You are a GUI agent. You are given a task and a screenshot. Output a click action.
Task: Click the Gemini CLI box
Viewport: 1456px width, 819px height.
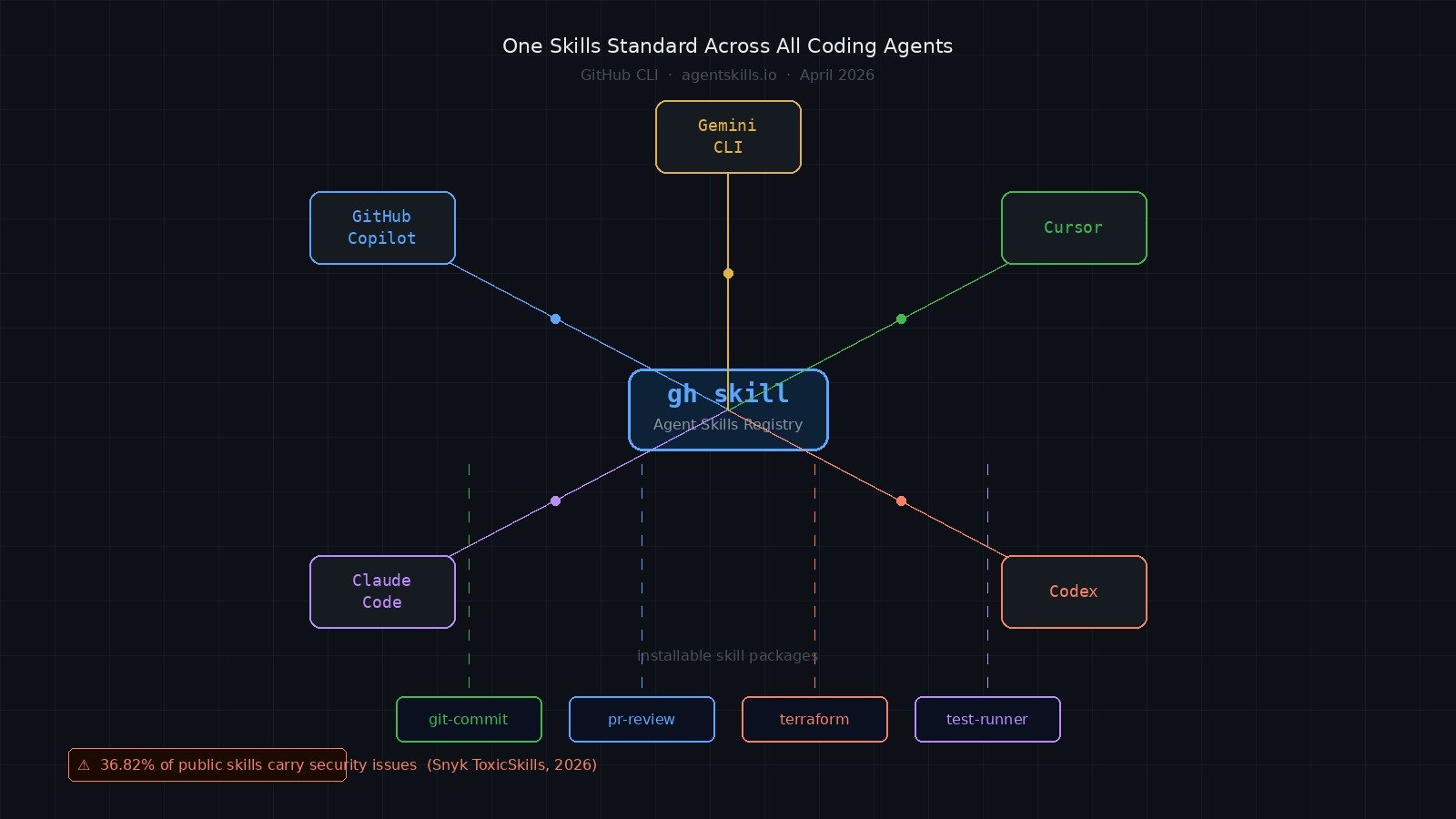coord(728,136)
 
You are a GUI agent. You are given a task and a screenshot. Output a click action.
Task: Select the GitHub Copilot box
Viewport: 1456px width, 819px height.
coord(382,227)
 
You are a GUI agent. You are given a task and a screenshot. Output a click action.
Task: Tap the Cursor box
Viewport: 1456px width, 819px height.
coord(1074,227)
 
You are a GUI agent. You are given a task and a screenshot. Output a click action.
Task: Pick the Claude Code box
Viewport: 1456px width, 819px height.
coord(382,591)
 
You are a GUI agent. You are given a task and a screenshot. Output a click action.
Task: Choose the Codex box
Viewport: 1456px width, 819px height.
coord(1074,591)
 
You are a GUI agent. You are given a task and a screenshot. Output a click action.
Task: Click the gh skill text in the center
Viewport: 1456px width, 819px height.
coord(728,394)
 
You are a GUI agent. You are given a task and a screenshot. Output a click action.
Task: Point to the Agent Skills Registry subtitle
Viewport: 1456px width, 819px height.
coord(728,425)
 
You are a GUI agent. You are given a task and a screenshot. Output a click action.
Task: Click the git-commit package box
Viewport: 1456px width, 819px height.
coord(469,719)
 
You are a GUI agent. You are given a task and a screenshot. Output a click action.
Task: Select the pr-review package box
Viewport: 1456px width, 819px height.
coord(642,719)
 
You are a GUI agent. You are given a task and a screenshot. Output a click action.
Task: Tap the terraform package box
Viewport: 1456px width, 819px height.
coord(814,719)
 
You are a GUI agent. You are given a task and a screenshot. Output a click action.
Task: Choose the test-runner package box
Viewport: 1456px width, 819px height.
coord(987,719)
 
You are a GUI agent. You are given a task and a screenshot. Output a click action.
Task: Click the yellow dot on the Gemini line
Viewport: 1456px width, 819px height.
coord(728,273)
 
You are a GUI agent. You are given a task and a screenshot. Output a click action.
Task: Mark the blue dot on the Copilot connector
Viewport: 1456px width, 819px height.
coord(555,318)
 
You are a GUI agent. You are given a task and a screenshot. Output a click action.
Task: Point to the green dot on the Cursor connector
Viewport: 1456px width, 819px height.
coord(901,318)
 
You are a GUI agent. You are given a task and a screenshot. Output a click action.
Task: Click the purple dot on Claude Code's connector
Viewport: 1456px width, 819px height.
coord(555,500)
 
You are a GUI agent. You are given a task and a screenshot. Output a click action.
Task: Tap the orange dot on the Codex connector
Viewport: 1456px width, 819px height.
coord(901,500)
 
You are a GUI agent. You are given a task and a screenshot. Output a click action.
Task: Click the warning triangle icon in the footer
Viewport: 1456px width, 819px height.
coord(84,765)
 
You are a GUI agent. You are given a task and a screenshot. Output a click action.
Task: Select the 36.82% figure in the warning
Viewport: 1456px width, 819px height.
coord(127,765)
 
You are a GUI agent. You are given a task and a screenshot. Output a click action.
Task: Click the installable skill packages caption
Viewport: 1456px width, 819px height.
coord(728,655)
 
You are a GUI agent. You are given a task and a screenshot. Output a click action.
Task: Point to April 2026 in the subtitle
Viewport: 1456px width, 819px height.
coord(836,75)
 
